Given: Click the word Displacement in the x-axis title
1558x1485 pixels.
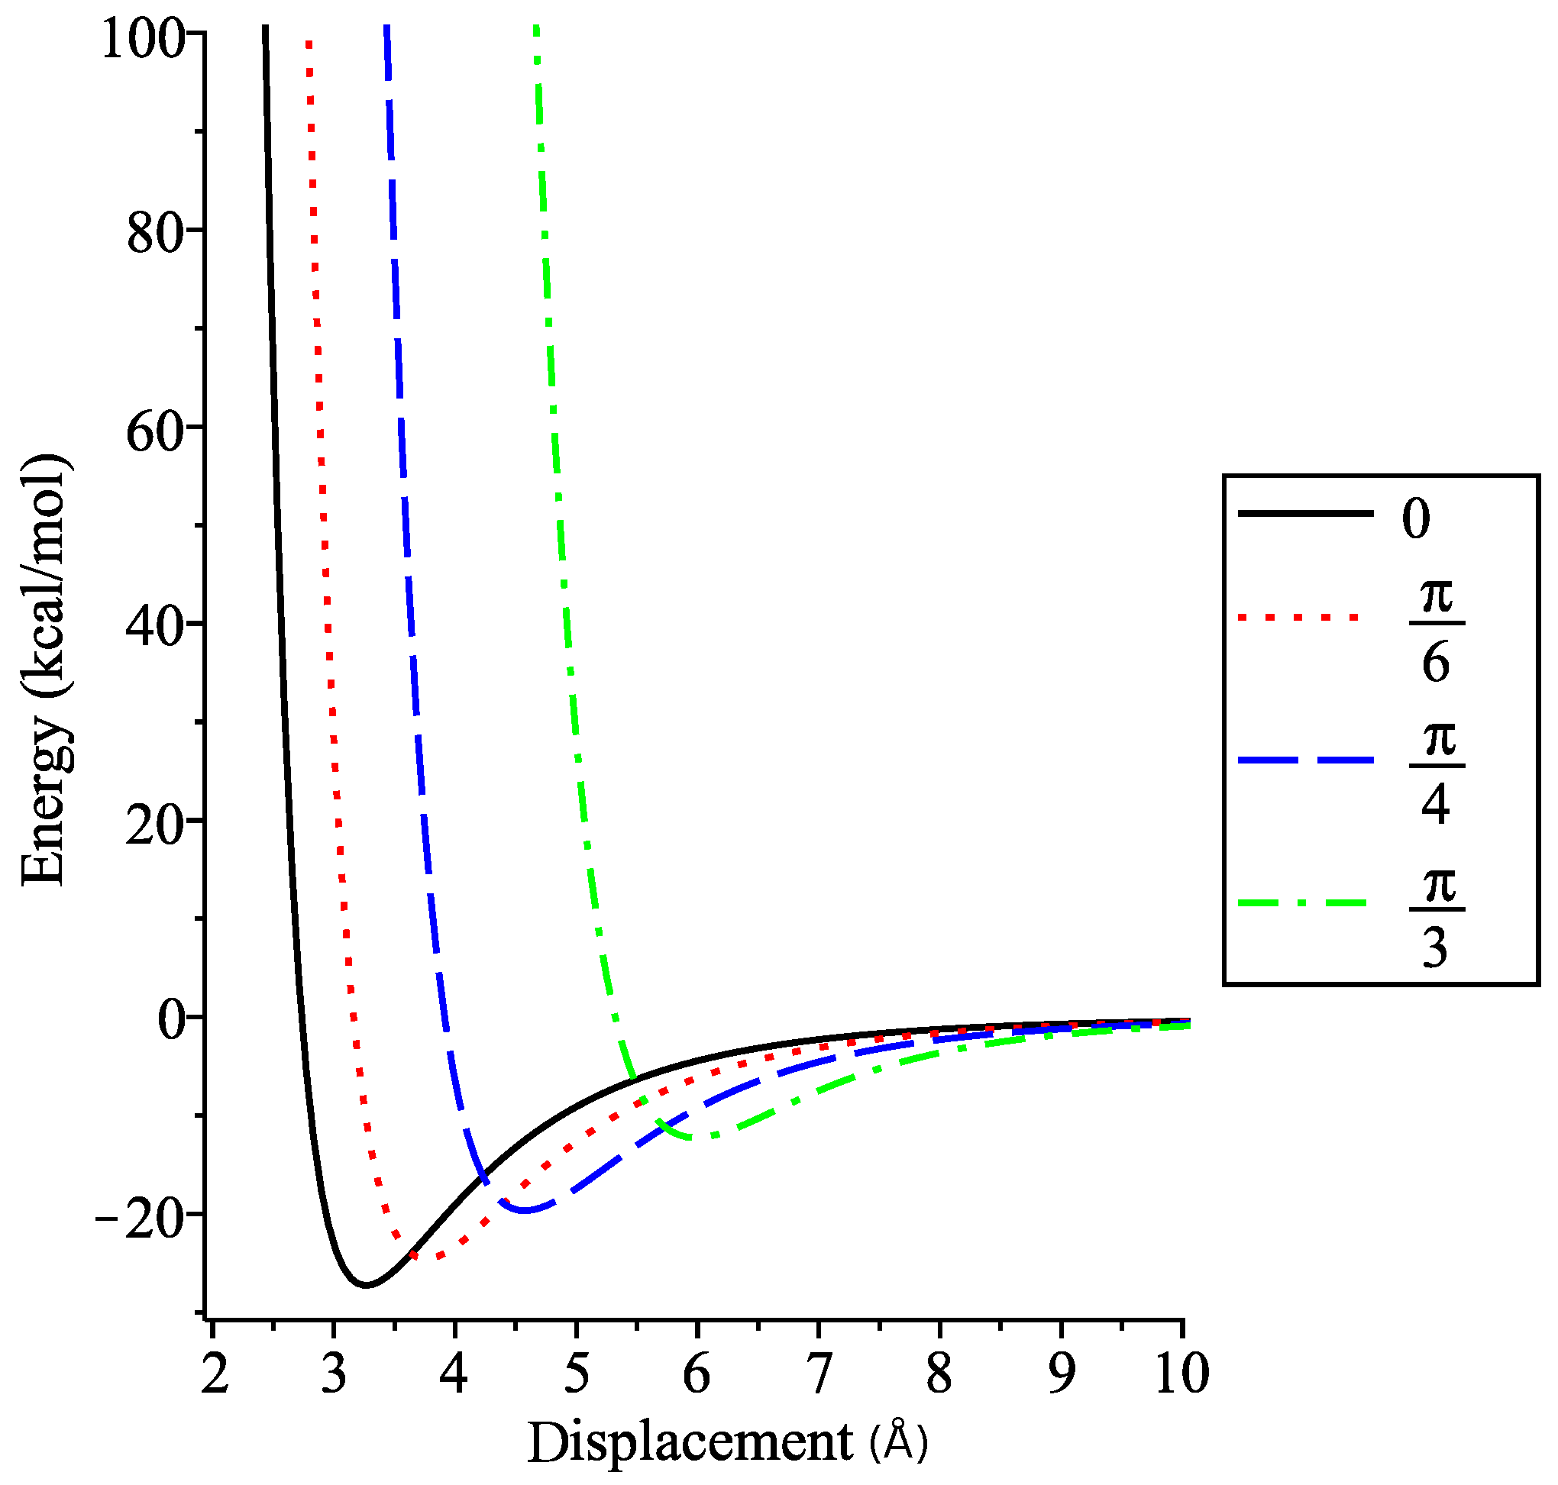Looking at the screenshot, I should pyautogui.click(x=690, y=1442).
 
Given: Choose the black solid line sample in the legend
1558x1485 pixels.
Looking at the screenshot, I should pyautogui.click(x=1305, y=514).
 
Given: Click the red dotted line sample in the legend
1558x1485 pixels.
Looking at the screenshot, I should pyautogui.click(x=1298, y=617).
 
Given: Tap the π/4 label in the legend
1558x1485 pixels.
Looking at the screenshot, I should pyautogui.click(x=1437, y=773).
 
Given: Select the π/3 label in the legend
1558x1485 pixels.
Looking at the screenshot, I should pyautogui.click(x=1437, y=917).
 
